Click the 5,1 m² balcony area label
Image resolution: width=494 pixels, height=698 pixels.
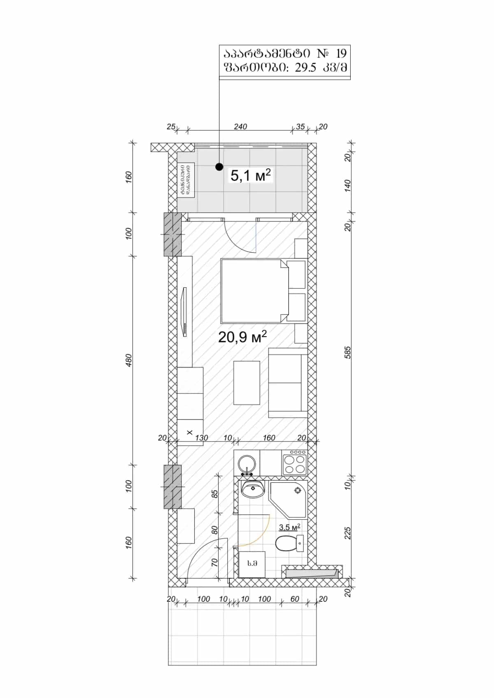coord(250,176)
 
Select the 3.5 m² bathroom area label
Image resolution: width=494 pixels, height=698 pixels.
coord(289,527)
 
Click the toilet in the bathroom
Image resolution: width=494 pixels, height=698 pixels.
coord(288,544)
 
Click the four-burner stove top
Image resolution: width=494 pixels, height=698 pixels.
coord(295,463)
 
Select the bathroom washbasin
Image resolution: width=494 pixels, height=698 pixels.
coord(252,489)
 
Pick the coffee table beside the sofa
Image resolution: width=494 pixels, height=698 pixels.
coord(247,383)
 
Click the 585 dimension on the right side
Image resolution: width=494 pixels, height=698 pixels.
coord(347,352)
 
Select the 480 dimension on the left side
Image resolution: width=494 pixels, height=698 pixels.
coord(129,360)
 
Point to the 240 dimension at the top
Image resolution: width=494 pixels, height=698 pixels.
coord(240,127)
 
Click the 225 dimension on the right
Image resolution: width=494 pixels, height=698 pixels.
coord(347,533)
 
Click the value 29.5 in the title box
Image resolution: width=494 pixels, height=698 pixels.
coord(305,68)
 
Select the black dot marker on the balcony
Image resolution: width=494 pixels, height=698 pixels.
coord(219,167)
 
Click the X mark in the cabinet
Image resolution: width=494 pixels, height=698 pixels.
coord(189,432)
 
